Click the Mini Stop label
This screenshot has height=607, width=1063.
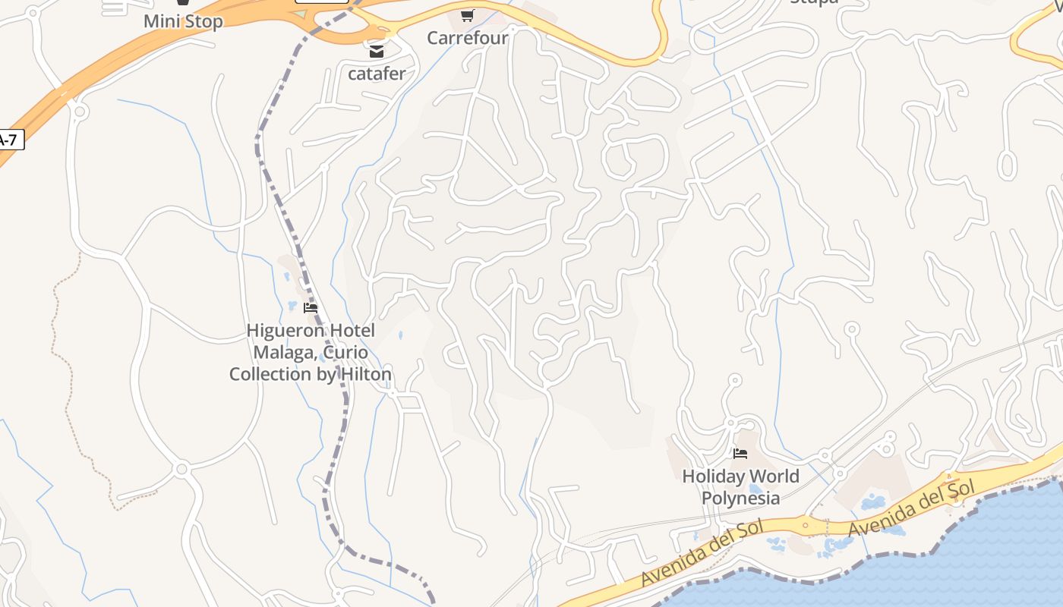tap(183, 21)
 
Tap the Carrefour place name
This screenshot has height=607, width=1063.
tap(467, 38)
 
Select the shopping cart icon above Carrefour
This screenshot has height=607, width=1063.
tap(467, 15)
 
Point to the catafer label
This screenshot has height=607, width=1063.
tap(377, 74)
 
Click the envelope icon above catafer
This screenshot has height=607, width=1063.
tap(377, 52)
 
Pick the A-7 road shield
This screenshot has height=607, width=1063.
tap(10, 140)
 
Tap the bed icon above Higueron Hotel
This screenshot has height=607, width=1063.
tap(310, 308)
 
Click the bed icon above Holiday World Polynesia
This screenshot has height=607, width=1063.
tap(740, 454)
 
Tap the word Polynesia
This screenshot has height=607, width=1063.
tap(740, 498)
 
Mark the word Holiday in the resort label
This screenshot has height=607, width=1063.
tap(714, 476)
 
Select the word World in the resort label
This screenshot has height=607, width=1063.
tap(774, 476)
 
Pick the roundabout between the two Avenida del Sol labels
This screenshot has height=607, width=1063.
tap(806, 523)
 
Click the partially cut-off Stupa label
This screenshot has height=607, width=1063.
tap(814, 2)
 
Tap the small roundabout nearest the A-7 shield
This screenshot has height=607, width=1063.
tap(80, 112)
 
